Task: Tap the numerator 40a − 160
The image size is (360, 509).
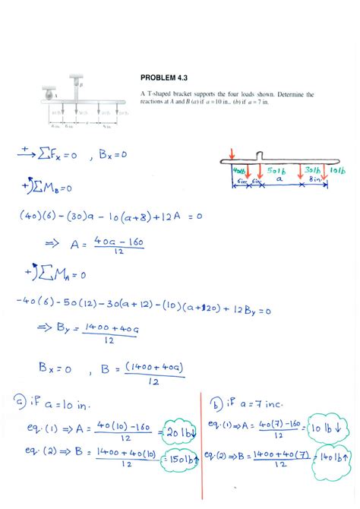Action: (x=118, y=241)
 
